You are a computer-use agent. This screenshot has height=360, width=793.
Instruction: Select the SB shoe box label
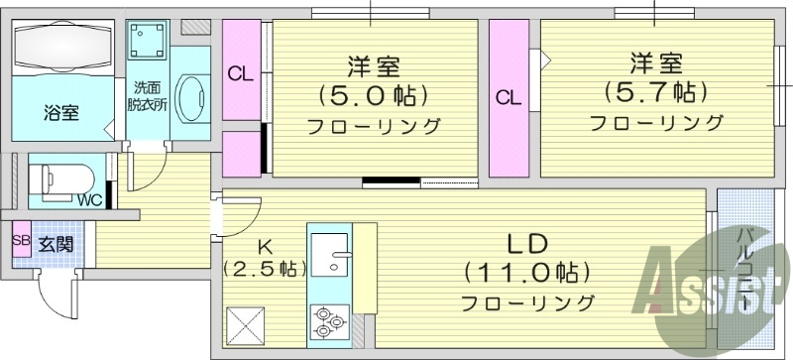click(x=21, y=242)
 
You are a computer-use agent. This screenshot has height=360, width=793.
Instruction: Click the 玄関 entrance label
click(x=54, y=243)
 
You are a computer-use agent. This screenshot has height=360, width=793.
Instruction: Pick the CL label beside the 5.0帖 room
click(x=240, y=74)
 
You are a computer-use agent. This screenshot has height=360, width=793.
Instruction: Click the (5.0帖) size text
click(x=373, y=96)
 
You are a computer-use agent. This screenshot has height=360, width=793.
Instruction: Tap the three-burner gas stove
click(x=328, y=319)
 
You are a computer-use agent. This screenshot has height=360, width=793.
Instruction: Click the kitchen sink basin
click(x=330, y=253)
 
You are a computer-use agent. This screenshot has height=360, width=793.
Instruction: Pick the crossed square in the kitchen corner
click(x=242, y=324)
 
